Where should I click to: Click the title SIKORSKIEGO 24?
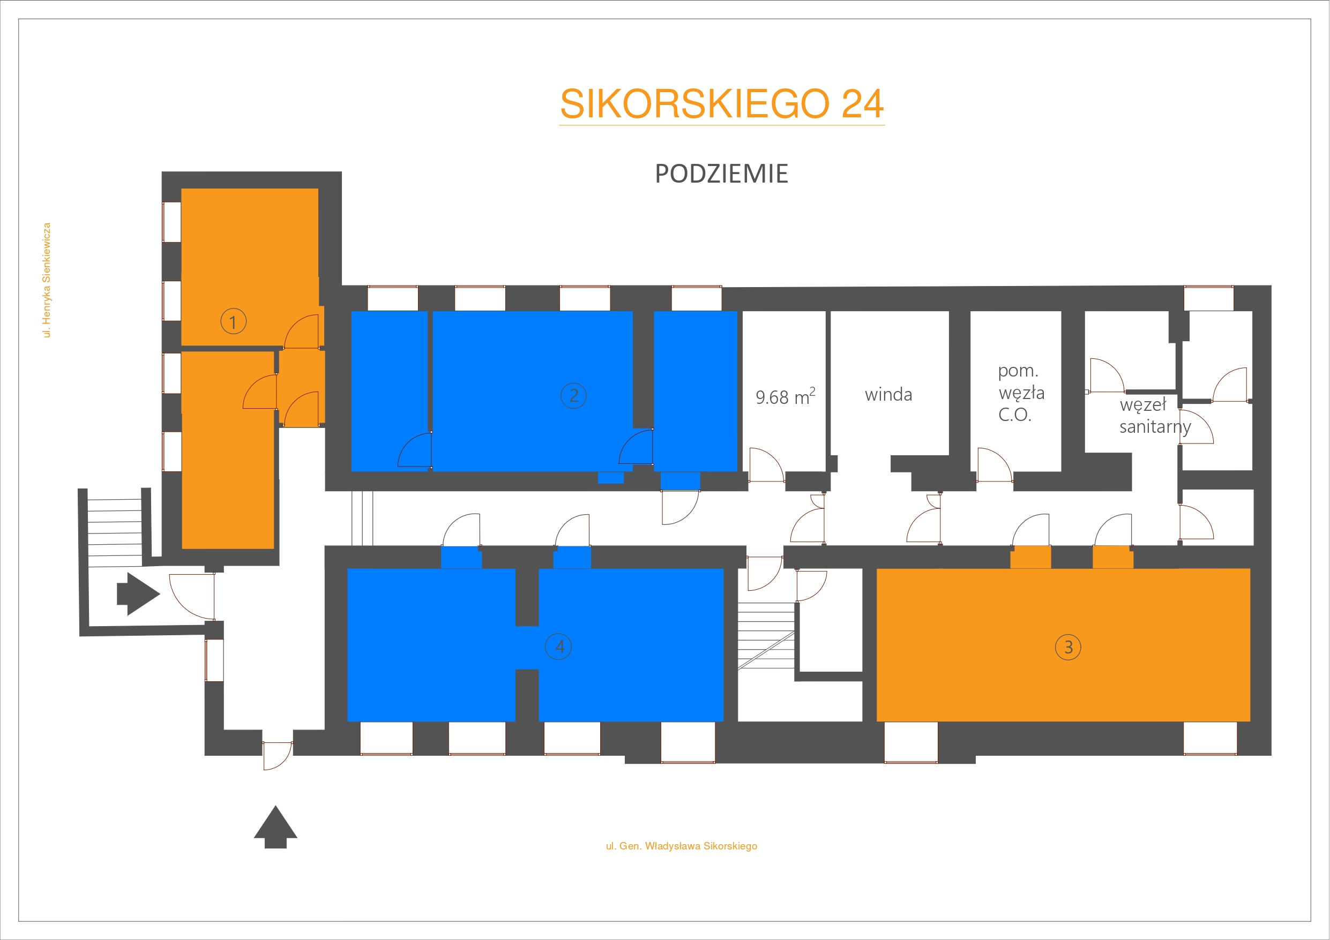pyautogui.click(x=722, y=104)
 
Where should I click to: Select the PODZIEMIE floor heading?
pyautogui.click(x=722, y=174)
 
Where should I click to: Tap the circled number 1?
pyautogui.click(x=234, y=321)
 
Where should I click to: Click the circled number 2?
pyautogui.click(x=573, y=396)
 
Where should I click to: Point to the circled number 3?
pyautogui.click(x=1068, y=647)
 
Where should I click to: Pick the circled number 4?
pyautogui.click(x=558, y=646)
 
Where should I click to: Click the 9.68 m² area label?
pyautogui.click(x=785, y=397)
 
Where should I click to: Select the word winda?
pyautogui.click(x=888, y=395)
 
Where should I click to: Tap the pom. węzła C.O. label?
pyautogui.click(x=1021, y=393)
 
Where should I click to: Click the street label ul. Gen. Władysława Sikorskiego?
pyautogui.click(x=681, y=846)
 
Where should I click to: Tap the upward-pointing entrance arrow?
pyautogui.click(x=276, y=827)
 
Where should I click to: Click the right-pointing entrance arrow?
pyautogui.click(x=138, y=593)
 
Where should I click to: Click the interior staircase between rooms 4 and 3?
pyautogui.click(x=766, y=636)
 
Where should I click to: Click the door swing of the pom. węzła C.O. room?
pyautogui.click(x=995, y=464)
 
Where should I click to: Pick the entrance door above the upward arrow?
pyautogui.click(x=278, y=756)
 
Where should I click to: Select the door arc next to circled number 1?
pyautogui.click(x=301, y=332)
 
